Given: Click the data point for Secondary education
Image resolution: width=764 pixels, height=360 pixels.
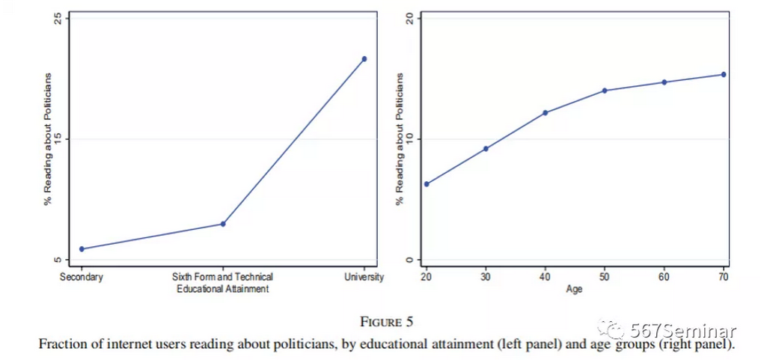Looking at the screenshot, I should [82, 249].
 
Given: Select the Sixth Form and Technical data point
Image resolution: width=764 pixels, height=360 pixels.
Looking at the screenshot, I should [223, 224].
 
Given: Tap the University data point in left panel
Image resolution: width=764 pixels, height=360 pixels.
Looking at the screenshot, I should [364, 58].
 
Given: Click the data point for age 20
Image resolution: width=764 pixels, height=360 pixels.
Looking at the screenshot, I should [427, 184].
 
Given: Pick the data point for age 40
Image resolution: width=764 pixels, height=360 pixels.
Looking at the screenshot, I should [546, 113].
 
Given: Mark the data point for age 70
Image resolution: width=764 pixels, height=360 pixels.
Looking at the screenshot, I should [724, 74].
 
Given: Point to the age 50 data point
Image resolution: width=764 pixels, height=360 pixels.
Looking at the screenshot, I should [605, 91].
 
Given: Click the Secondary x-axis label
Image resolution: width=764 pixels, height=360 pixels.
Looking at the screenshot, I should [82, 277].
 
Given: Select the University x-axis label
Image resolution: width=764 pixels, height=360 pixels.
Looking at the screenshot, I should [364, 277].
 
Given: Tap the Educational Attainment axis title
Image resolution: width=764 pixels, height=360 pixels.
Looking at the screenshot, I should [223, 289].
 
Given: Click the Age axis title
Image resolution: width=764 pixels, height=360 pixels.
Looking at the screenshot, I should [575, 289].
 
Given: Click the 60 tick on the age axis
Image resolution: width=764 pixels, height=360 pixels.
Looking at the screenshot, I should [664, 277].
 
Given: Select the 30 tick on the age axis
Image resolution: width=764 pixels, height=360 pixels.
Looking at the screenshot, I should [486, 277].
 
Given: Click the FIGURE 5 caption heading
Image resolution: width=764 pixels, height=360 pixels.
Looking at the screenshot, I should [386, 323].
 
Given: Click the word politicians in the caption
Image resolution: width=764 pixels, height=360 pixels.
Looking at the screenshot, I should [293, 345].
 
